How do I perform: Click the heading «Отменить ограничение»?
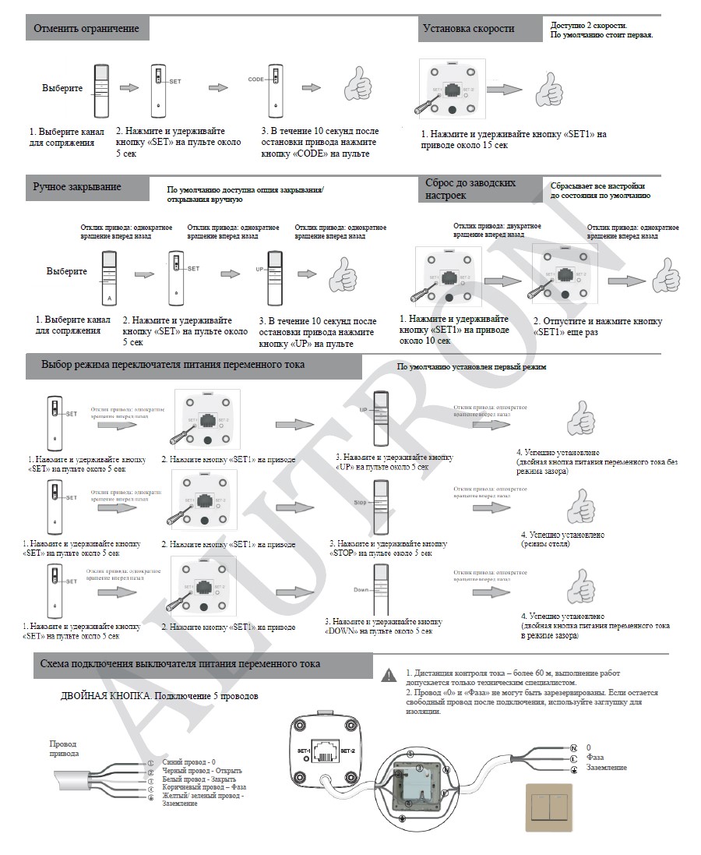point(86,29)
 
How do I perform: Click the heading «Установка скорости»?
point(468,29)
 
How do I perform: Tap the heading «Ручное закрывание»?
point(77,186)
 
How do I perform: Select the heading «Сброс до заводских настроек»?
point(470,189)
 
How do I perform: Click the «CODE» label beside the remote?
point(257,79)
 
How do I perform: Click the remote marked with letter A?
point(109,277)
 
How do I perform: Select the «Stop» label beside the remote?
point(360,503)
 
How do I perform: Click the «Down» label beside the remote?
point(361,590)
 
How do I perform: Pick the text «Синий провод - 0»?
point(189,761)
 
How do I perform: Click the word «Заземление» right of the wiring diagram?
point(607,768)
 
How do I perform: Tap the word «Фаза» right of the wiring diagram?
point(596,757)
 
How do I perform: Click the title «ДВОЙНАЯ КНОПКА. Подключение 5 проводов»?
point(159,695)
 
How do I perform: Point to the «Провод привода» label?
point(63,749)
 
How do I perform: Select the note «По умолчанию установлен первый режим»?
point(472,366)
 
